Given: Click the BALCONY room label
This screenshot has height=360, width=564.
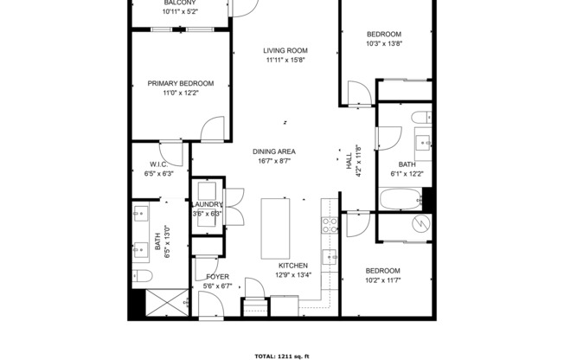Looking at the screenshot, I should (x=180, y=3).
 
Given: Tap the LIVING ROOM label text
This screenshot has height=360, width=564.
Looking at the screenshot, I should (x=285, y=50).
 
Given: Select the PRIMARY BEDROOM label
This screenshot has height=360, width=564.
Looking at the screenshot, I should (x=180, y=84).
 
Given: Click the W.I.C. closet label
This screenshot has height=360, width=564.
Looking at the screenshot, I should (x=158, y=164).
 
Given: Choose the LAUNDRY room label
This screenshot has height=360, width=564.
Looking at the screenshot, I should (x=207, y=204).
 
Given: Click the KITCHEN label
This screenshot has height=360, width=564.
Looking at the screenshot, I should (x=293, y=266).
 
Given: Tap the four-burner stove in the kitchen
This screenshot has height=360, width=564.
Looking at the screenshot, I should (x=329, y=225).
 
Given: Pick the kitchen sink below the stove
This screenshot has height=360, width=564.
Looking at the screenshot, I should (x=330, y=256).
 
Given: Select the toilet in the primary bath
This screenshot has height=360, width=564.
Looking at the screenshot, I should (x=144, y=276).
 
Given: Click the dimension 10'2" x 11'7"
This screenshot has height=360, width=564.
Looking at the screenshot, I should (x=381, y=280).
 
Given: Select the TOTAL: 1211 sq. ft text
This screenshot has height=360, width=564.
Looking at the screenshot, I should (x=281, y=356).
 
